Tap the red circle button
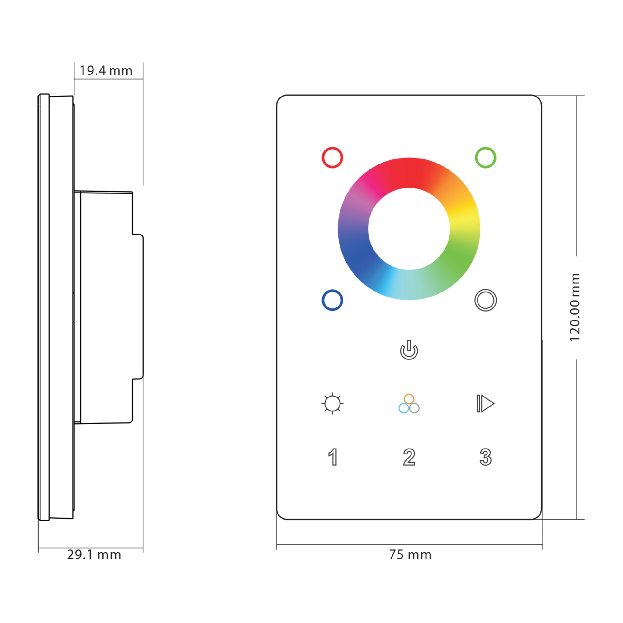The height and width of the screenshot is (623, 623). [x=332, y=158]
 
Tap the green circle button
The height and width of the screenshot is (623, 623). [x=485, y=158]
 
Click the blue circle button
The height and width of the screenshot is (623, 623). [x=332, y=300]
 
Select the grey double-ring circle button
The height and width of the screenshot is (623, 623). [x=485, y=300]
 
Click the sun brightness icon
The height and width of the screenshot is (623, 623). [x=332, y=403]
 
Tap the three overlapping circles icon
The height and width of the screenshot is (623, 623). [x=409, y=404]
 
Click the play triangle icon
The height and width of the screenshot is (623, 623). [x=485, y=403]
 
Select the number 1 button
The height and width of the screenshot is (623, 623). [x=333, y=457]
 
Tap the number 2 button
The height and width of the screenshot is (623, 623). [x=409, y=457]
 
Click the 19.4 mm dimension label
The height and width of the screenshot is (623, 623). [x=106, y=71]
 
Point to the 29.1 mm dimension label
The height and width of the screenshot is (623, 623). [x=94, y=555]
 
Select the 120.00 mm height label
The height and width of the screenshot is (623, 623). [x=575, y=307]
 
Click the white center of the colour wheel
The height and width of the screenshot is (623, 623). [x=409, y=229]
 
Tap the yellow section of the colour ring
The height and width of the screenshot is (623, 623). [x=464, y=214]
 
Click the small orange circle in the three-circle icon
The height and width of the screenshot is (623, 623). [x=409, y=399]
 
